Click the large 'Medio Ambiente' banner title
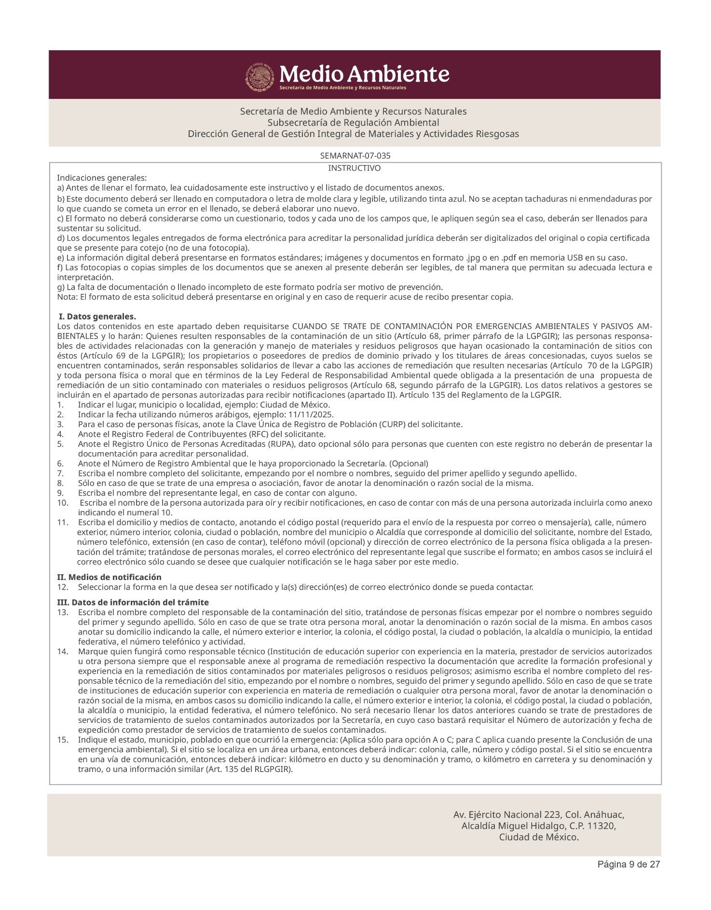[x=364, y=74]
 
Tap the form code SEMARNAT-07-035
[x=355, y=156]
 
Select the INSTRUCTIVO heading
[x=354, y=168]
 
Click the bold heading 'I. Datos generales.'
[x=97, y=317]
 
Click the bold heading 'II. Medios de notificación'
[x=109, y=577]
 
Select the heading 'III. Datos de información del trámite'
[x=133, y=602]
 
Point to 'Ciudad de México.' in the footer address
[x=539, y=837]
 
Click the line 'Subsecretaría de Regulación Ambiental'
[x=353, y=122]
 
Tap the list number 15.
[x=63, y=740]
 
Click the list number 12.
[x=63, y=587]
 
